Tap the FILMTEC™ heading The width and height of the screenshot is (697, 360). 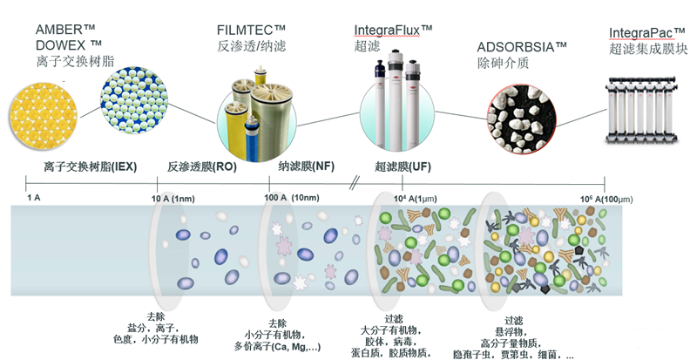point(250,29)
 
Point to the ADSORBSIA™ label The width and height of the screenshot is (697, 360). point(522,45)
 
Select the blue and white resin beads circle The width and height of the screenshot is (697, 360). point(131,98)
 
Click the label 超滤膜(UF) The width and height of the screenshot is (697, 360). point(403,166)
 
